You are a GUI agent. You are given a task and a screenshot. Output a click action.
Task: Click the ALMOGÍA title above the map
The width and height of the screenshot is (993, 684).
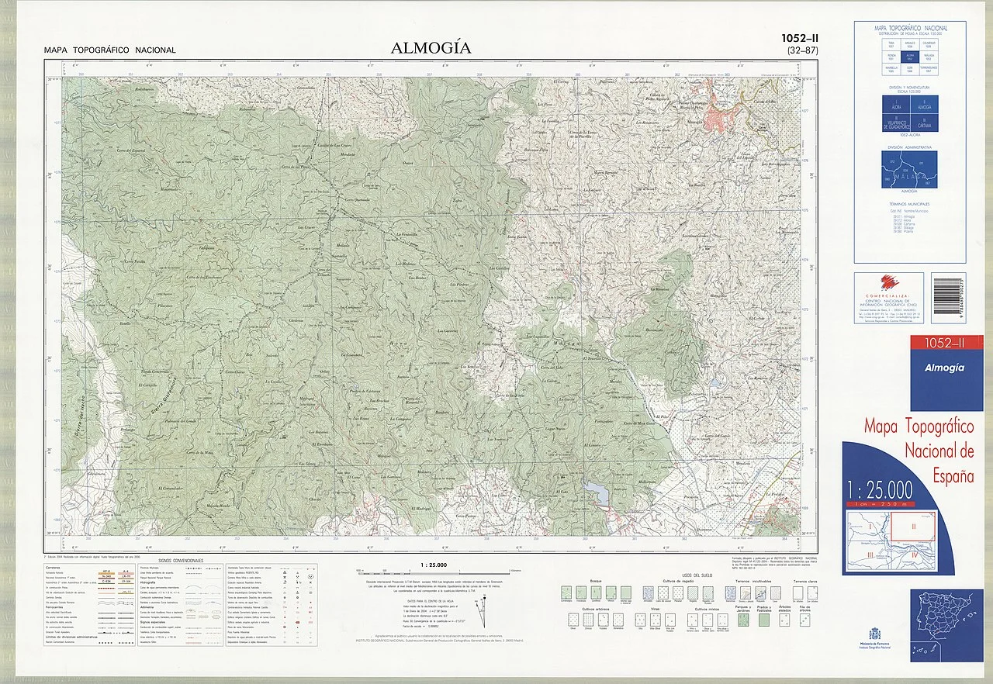pos(431,48)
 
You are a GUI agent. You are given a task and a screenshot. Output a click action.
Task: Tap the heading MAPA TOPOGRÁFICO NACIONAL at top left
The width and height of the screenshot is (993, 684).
pos(110,50)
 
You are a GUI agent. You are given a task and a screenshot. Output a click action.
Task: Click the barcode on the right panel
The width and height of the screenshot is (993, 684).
pos(948,297)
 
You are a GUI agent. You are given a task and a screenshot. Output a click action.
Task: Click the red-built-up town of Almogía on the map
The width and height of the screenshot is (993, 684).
pos(718,117)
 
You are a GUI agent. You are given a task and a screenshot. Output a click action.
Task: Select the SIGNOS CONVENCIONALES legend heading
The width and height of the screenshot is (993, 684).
pos(180,560)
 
